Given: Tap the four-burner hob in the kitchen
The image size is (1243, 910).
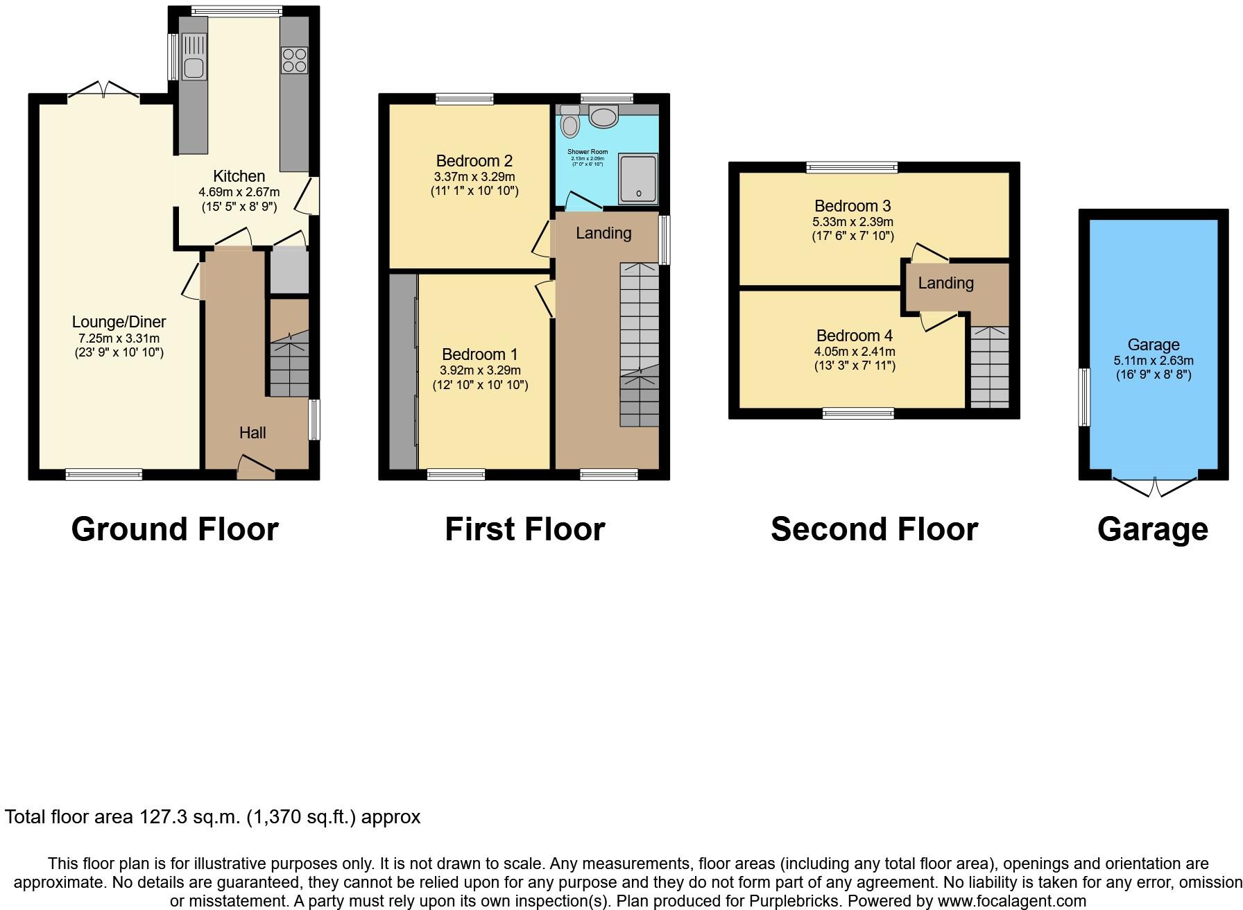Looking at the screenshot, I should coord(294,60).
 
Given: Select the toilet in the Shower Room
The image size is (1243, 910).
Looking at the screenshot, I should coord(570,122).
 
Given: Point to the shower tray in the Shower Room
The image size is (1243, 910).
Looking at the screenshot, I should coord(637,179).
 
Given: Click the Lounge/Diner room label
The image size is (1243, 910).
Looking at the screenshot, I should coord(119,322).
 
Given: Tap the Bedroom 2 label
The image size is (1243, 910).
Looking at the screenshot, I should coord(474,161).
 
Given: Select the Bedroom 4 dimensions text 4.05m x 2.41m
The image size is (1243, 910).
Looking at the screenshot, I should coord(855,352).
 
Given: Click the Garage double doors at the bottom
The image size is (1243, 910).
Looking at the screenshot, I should coord(1155,488).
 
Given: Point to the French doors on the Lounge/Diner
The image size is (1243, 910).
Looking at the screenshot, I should coord(103,90).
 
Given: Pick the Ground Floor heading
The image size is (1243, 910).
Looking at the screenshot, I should coord(175,529).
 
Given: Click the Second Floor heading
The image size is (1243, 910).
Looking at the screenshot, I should coord(874,529).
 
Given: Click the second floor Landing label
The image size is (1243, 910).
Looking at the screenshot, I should coord(945,283).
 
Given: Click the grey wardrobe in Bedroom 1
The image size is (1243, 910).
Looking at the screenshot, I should coord(403,372).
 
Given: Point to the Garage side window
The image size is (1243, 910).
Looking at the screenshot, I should coord(1083,397).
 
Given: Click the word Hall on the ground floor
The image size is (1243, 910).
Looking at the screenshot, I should coord(252,433).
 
